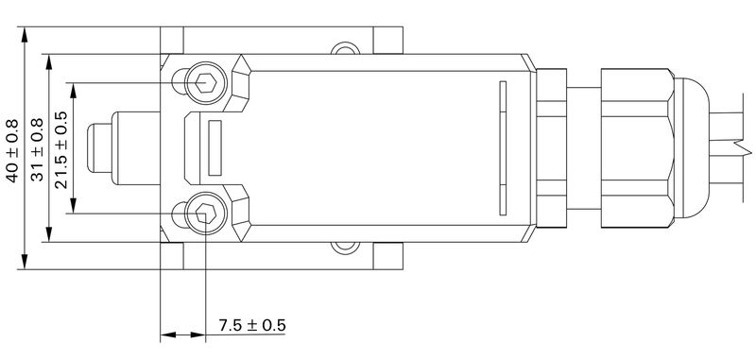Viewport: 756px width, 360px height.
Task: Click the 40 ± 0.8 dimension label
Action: click(x=12, y=149)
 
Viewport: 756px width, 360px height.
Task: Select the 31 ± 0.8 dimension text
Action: click(x=38, y=149)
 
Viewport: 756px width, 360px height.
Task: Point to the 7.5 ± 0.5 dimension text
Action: click(x=251, y=325)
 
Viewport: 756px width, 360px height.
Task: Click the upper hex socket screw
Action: click(x=205, y=83)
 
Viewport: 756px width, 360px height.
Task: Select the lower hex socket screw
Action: click(x=205, y=214)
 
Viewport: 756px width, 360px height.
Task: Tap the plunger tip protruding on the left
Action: click(x=98, y=148)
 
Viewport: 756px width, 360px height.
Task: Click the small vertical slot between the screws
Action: click(x=215, y=148)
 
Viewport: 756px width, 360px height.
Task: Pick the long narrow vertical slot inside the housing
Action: click(x=503, y=148)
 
